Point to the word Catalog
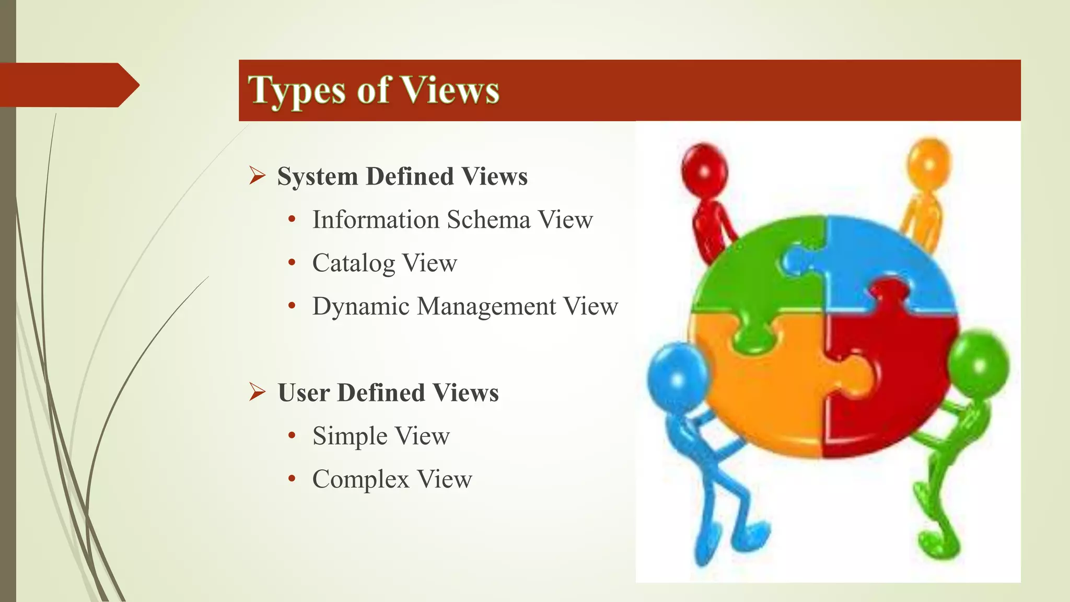tap(353, 263)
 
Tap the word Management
tap(486, 307)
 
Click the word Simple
tap(350, 436)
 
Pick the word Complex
tap(360, 480)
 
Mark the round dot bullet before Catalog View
tap(292, 262)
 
